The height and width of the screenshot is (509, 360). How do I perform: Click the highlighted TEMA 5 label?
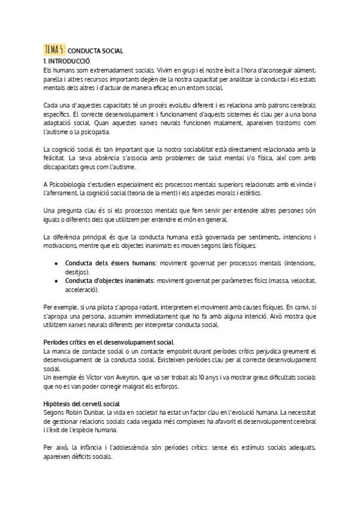coord(55,50)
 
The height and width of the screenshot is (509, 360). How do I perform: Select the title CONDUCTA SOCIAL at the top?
coord(95,52)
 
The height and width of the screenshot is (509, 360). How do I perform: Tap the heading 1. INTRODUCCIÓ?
coord(67,61)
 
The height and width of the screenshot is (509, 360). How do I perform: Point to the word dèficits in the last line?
coord(85,456)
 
